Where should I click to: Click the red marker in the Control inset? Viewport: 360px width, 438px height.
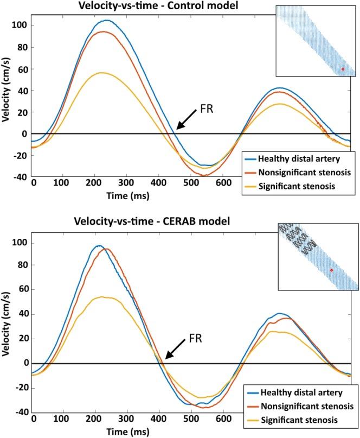pos(342,69)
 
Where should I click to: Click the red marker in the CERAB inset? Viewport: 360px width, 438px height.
pos(331,270)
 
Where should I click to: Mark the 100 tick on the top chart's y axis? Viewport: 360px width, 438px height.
pos(21,26)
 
